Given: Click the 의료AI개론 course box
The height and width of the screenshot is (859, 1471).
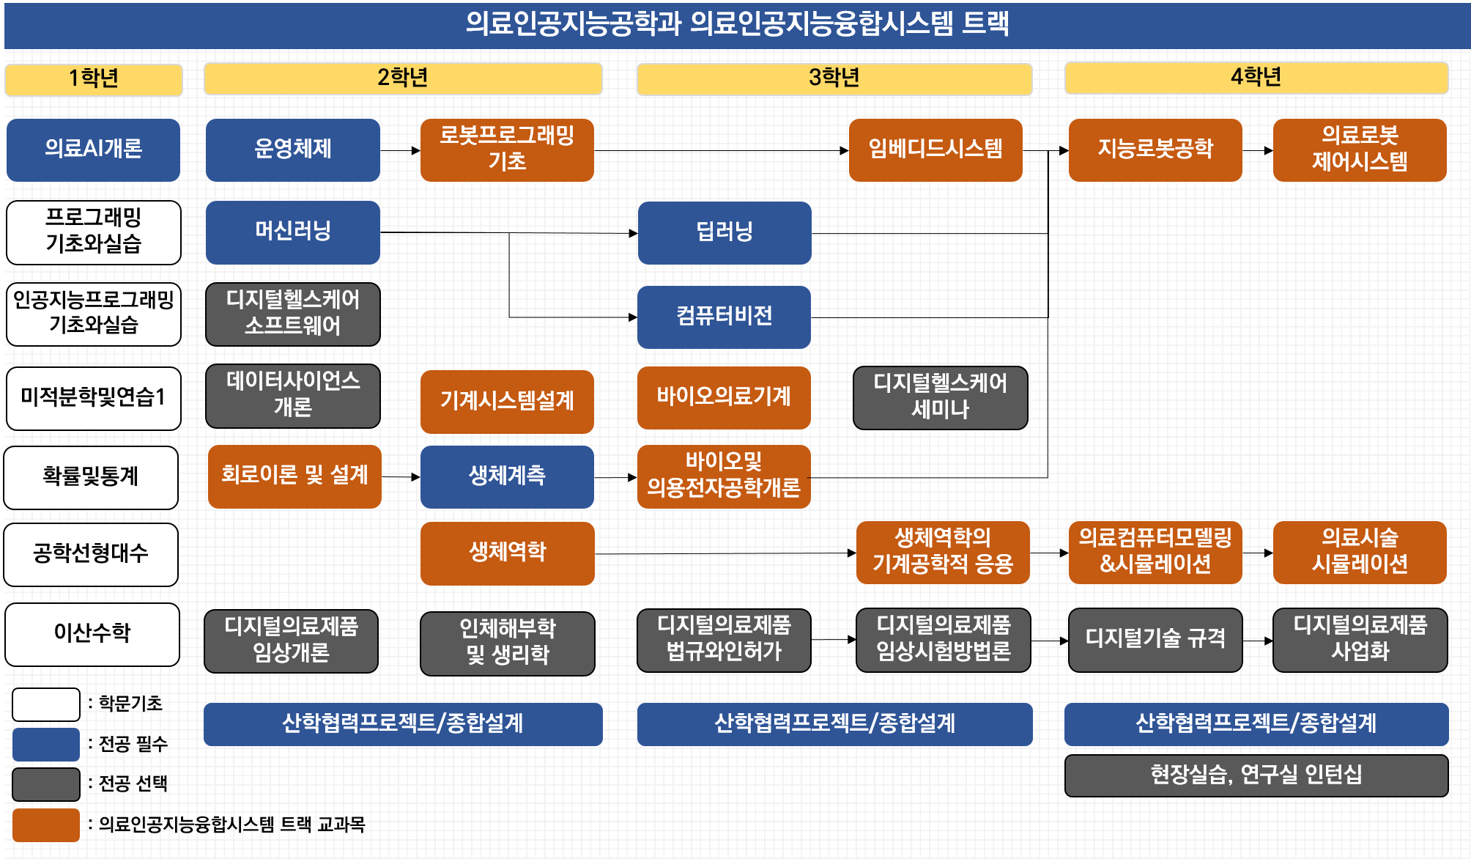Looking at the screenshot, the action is [x=93, y=150].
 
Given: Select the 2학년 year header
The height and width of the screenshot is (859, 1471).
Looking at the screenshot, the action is [x=403, y=78].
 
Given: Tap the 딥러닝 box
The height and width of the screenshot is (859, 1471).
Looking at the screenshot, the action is [x=725, y=232].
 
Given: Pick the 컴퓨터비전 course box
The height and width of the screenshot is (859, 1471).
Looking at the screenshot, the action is [x=724, y=317].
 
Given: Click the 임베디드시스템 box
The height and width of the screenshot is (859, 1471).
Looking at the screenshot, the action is [x=935, y=150].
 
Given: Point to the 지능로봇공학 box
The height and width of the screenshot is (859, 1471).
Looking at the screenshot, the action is [x=1155, y=150].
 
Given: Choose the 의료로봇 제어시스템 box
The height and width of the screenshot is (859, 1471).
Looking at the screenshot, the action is [x=1360, y=150].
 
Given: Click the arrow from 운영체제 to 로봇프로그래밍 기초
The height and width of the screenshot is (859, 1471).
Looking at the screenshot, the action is [x=400, y=151].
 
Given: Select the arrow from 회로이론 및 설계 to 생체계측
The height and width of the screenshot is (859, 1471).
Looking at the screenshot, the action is [x=401, y=477].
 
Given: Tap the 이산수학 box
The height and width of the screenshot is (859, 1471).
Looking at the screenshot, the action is [x=92, y=634].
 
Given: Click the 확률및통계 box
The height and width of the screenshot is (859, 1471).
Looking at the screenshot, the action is [x=91, y=477].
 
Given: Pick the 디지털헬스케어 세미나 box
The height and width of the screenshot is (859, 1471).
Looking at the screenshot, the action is [x=941, y=397].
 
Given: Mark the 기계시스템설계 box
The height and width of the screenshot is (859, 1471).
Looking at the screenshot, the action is [x=507, y=402].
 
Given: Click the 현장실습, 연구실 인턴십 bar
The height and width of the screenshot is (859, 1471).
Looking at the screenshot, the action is [x=1256, y=775].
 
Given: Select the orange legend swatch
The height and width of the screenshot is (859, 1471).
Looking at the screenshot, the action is [x=46, y=825].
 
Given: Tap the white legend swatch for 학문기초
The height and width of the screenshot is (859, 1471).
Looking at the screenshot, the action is [x=46, y=704].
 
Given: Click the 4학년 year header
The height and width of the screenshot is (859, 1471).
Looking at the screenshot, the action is [x=1256, y=78].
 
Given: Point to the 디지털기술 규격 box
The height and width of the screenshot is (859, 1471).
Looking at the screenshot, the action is [x=1155, y=640].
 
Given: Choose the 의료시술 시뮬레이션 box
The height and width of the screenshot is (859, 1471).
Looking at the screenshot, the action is [x=1360, y=553].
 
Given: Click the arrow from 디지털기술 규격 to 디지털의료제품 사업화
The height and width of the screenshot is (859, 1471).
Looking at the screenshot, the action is [x=1258, y=641].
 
